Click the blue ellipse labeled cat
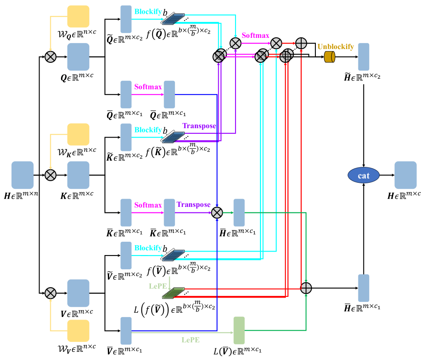(364, 175)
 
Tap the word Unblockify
(336, 46)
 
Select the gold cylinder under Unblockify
(330, 57)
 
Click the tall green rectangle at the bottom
(239, 330)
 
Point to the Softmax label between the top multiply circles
(255, 35)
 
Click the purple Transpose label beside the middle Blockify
(199, 126)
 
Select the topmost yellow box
(78, 16)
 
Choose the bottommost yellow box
(78, 331)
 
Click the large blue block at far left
(22, 175)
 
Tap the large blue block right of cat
(406, 175)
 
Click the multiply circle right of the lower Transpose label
(217, 212)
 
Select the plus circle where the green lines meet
(306, 288)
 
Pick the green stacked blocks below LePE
(173, 293)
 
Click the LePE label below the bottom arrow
(190, 340)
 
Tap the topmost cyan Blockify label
(148, 12)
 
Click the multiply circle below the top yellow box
(51, 57)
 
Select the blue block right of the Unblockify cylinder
(364, 57)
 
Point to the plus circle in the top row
(301, 43)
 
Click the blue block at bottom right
(364, 288)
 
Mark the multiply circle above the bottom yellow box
(51, 293)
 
